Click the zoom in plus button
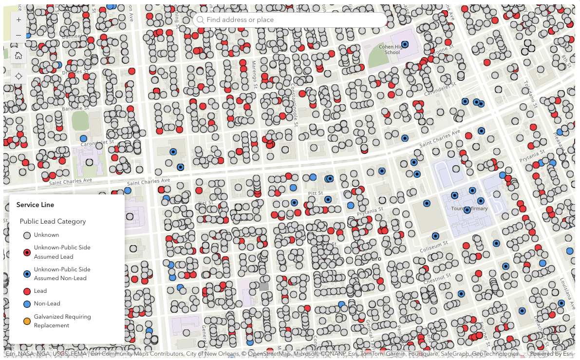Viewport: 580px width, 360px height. tap(19, 20)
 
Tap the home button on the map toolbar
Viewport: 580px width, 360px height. tap(19, 56)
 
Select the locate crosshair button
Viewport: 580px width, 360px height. tap(19, 76)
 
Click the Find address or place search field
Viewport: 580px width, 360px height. tap(292, 20)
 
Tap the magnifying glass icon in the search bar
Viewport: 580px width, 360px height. tap(200, 20)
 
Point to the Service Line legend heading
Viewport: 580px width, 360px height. tap(35, 205)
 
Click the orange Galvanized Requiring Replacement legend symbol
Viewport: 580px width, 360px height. tap(27, 321)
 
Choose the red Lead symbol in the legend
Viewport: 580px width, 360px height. tap(27, 291)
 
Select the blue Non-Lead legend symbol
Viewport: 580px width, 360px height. tap(27, 304)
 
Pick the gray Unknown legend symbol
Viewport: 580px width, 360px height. tap(27, 235)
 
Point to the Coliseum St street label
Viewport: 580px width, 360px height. tap(433, 246)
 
